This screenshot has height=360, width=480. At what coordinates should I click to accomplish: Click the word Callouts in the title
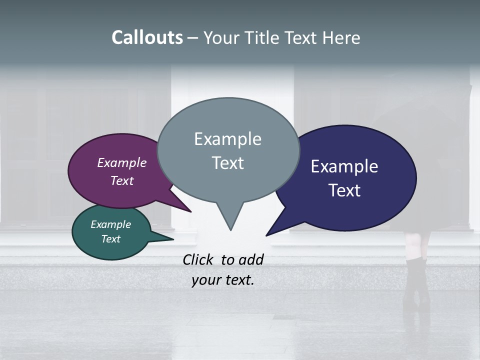pos(147,38)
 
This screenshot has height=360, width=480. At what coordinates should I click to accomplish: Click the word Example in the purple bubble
pos(122,162)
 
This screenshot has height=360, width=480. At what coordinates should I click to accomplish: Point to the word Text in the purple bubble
pos(122,180)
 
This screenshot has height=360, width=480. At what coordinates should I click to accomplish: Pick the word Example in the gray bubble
pos(227,139)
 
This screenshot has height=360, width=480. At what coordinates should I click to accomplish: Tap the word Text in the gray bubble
pos(227,163)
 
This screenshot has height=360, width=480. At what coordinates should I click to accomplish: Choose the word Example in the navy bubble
pos(344,166)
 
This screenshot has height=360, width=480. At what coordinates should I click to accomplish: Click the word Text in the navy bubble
pos(344,190)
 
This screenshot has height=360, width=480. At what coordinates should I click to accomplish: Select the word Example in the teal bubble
pos(111,224)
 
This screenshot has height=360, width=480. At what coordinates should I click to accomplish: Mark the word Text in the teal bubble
pos(111,239)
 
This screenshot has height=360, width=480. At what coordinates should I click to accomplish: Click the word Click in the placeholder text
pos(198,259)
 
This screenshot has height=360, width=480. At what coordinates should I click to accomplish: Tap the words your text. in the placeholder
pos(223,280)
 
